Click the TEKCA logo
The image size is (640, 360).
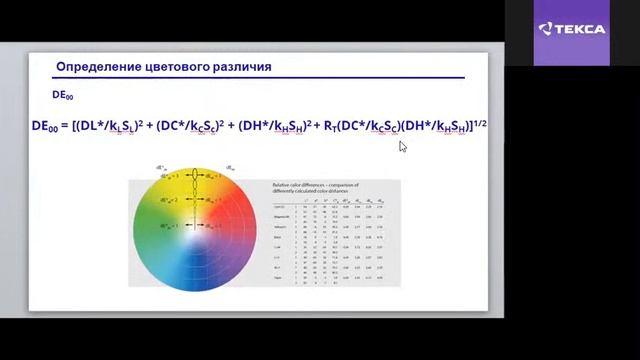tap(571, 29)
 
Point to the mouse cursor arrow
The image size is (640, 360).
tap(402, 146)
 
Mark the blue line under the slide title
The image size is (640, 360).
tap(260, 78)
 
